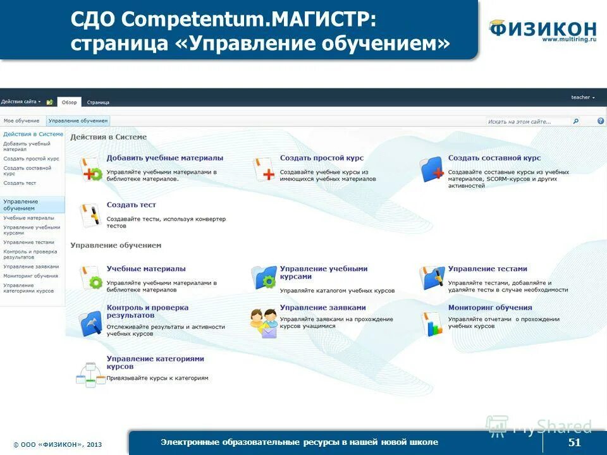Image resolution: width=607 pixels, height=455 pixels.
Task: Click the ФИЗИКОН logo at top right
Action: pos(543,30)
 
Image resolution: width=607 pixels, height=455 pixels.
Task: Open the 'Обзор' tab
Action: pos(69,102)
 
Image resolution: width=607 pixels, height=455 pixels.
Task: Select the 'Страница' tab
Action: pos(98,102)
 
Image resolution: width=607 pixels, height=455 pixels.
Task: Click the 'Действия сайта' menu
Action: pos(21,102)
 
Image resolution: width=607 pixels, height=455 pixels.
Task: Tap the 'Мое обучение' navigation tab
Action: pos(21,121)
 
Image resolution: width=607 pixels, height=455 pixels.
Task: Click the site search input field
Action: pos(528,121)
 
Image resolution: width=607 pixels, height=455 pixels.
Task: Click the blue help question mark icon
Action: pos(601,121)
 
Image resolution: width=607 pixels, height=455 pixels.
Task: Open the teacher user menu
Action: pos(582,97)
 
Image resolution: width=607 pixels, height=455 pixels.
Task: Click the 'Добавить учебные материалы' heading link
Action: pos(164,158)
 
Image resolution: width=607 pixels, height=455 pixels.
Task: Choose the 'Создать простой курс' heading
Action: pos(321,158)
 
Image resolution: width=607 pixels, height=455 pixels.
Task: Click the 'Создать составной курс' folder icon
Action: pos(432,169)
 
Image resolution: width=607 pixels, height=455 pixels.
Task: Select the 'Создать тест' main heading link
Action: pos(131,205)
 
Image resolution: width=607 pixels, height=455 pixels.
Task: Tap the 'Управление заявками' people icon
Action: pos(264,323)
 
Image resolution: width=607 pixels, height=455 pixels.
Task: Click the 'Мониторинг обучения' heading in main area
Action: pos(490,308)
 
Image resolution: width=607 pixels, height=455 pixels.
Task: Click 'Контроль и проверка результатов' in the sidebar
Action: pos(30,254)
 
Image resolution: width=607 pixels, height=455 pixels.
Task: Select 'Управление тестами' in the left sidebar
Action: pos(28,242)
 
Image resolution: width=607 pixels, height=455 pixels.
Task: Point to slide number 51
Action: pos(574,442)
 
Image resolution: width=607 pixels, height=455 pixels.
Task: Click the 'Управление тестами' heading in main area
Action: pos(487,269)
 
